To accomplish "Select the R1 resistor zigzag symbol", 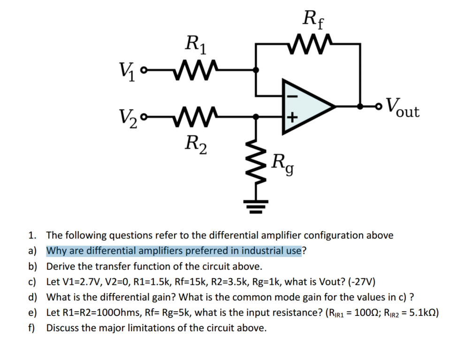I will tap(193, 69).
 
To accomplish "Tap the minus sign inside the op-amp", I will tap(292, 96).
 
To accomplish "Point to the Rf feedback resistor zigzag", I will tap(312, 44).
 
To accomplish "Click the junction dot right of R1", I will tap(255, 70).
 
